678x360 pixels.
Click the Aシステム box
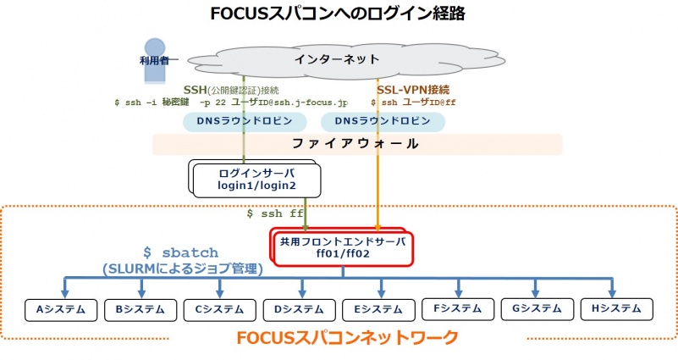[x=59, y=309]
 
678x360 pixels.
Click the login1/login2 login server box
[x=245, y=179]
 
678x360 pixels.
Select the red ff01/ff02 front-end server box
[x=343, y=246]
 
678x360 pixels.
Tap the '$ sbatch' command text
[x=180, y=252]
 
